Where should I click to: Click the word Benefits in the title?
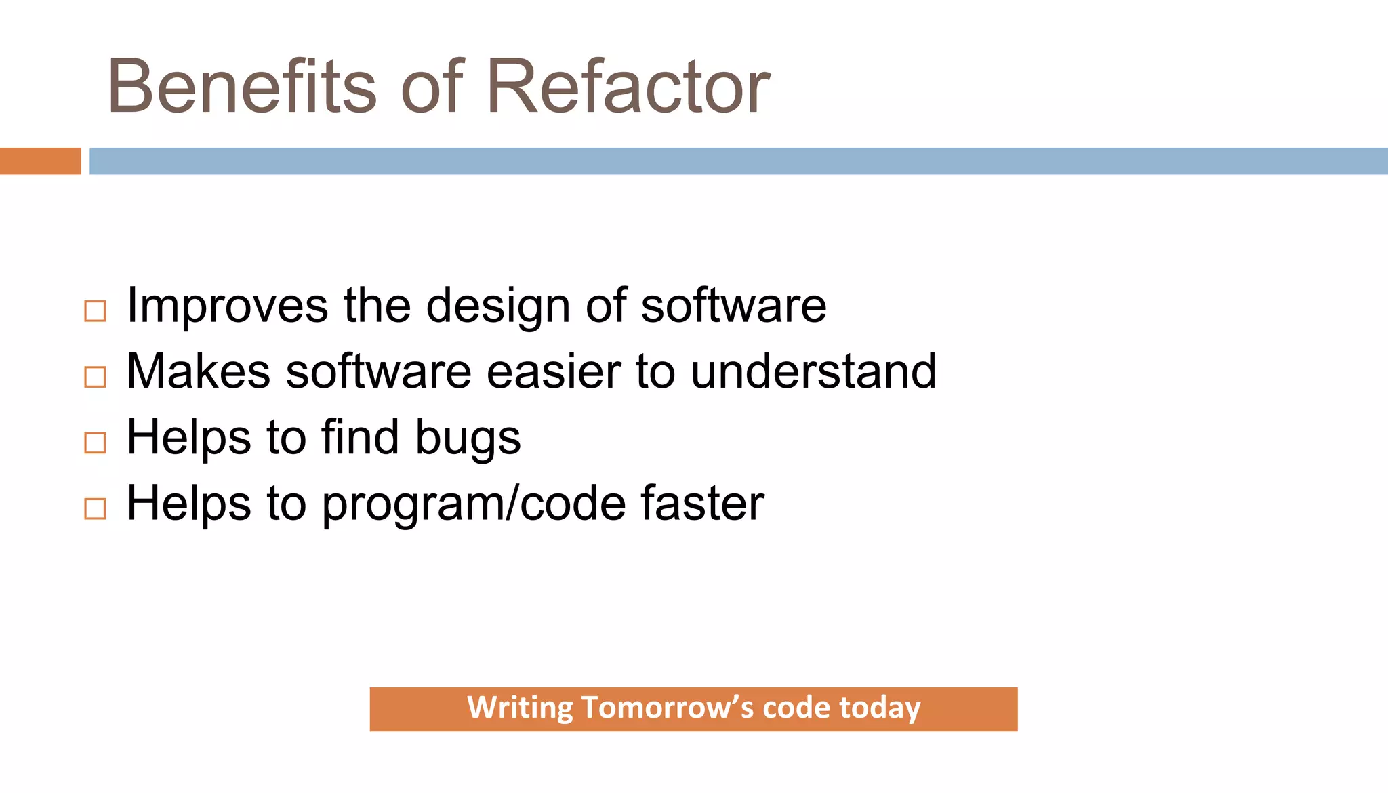241,87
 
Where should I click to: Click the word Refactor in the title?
628,87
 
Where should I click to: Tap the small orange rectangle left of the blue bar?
40,161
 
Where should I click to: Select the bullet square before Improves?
95,311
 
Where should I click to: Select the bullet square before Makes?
95,377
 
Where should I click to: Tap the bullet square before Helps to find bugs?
95,443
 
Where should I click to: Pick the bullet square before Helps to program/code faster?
95,508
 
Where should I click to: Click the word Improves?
228,306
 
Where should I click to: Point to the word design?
498,306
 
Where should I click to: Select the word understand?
813,371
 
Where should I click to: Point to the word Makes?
199,371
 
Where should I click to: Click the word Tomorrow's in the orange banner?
667,708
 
